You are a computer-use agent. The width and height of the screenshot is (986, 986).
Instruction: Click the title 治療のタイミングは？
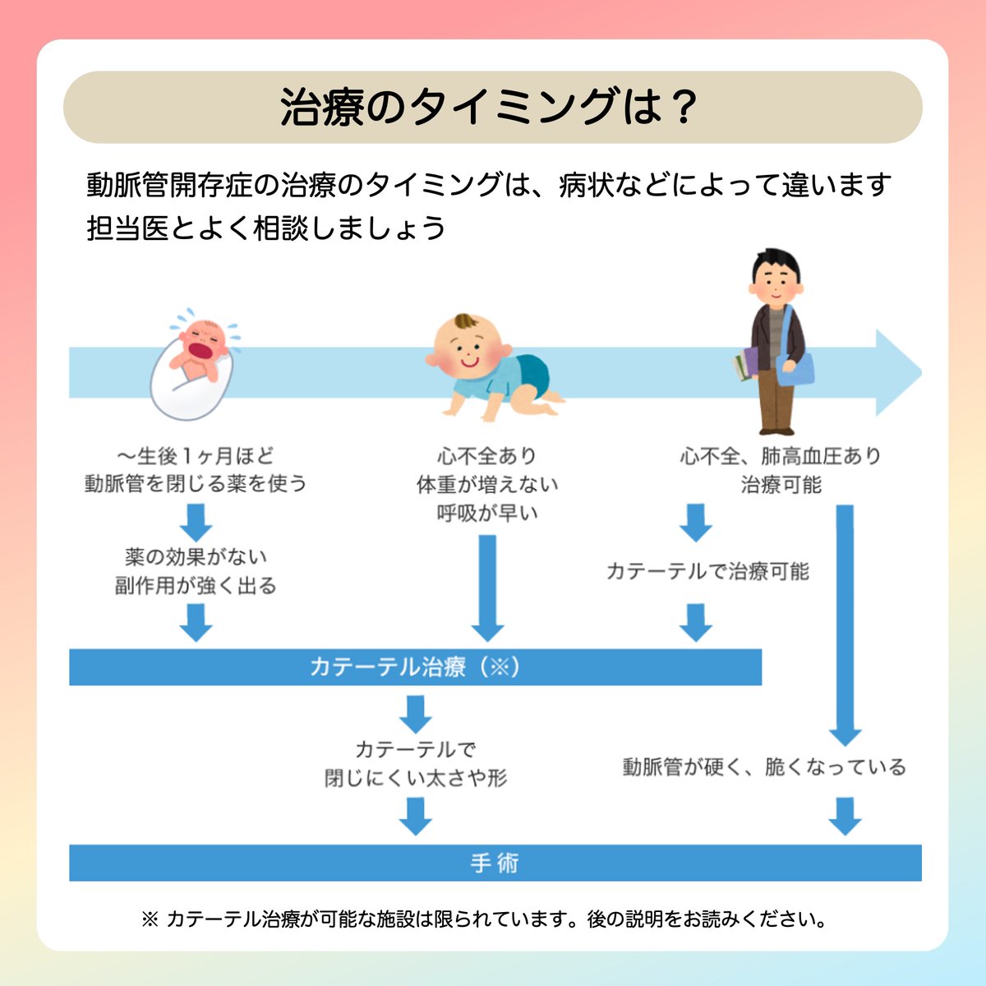491,108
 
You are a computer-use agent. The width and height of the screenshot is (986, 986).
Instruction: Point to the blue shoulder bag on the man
795,366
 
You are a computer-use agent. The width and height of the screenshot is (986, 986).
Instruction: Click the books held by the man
746,364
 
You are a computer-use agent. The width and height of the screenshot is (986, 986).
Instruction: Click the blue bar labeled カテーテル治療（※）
415,666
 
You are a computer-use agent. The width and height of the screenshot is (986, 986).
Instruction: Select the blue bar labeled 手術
495,863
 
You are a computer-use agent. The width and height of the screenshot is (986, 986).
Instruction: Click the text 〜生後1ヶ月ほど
196,455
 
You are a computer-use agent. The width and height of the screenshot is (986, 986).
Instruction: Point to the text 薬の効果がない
196,557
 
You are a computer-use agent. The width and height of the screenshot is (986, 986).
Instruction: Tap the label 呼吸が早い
487,513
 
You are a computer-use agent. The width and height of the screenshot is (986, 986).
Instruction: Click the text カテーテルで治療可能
707,571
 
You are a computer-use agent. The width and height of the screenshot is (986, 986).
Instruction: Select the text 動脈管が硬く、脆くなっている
764,767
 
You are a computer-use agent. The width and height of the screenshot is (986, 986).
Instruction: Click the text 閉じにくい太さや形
416,777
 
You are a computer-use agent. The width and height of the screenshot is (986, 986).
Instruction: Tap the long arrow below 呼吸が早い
487,587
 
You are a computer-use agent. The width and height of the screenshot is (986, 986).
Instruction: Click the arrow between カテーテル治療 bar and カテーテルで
416,713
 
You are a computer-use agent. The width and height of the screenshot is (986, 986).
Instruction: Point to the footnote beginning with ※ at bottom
485,919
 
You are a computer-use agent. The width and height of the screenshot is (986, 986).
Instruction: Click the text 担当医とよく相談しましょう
266,228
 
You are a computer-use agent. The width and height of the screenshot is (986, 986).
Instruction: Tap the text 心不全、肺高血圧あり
780,455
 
